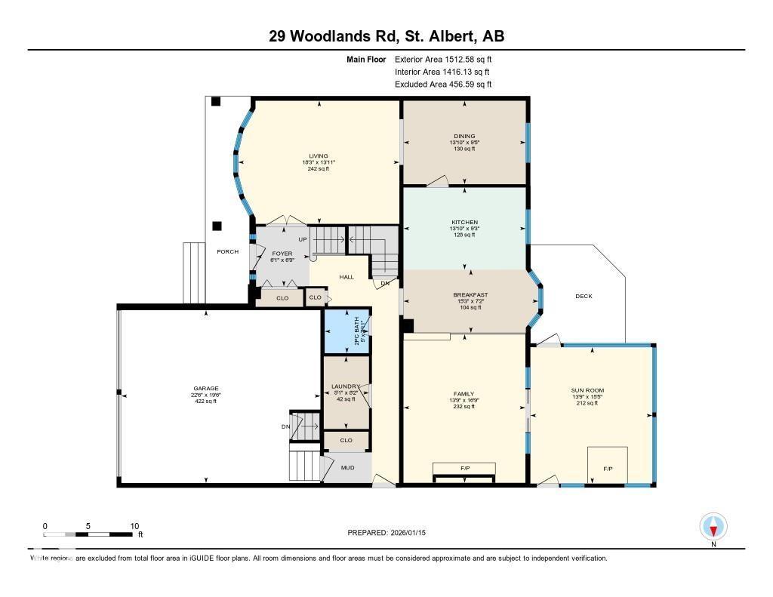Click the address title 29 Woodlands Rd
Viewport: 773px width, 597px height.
click(x=386, y=36)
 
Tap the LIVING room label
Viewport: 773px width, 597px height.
click(x=318, y=156)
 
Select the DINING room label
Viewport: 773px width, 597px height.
click(x=464, y=137)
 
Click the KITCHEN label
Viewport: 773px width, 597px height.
click(x=464, y=222)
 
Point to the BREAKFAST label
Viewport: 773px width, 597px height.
click(x=470, y=295)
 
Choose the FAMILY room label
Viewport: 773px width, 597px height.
click(x=463, y=394)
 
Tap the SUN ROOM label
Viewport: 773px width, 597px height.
click(x=587, y=390)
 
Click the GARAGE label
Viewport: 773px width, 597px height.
click(x=205, y=389)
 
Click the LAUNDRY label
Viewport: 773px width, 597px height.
click(x=346, y=386)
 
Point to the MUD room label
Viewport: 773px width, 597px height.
click(x=347, y=468)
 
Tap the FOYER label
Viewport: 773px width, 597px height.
click(x=281, y=254)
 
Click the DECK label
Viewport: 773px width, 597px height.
click(x=584, y=297)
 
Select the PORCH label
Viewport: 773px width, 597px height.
click(x=227, y=251)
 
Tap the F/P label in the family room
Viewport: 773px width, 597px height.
click(x=464, y=469)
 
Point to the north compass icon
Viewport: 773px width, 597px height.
click(x=713, y=526)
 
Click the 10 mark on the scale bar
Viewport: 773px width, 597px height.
click(x=134, y=526)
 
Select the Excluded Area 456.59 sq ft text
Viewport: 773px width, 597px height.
click(x=444, y=85)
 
